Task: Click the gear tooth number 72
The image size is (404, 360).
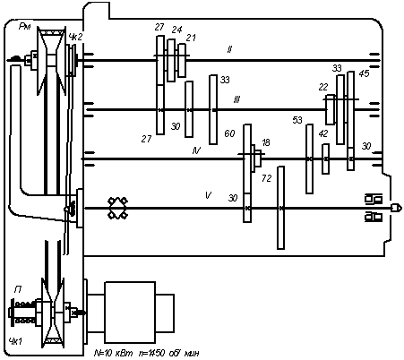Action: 267,178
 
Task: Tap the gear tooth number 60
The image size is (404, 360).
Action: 229,133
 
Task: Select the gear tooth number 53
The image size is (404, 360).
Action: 297,120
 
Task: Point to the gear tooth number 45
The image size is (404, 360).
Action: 364,73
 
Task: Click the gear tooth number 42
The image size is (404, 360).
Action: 323,133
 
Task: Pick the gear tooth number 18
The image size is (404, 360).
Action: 266,142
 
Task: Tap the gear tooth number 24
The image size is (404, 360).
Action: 176,30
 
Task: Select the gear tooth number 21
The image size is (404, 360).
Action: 191,38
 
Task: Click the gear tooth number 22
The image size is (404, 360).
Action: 323,87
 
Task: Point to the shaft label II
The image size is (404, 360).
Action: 229,49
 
